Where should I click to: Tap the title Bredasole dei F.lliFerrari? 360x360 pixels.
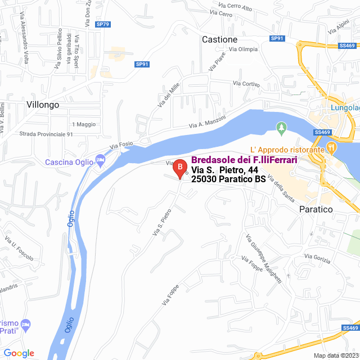(244, 160)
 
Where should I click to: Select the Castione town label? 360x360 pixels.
(219, 40)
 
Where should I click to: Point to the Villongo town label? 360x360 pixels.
(43, 105)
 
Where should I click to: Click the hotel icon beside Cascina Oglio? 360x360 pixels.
(100, 161)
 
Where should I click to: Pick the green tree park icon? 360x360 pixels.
(281, 129)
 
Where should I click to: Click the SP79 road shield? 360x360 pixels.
(103, 24)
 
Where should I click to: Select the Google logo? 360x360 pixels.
(19, 353)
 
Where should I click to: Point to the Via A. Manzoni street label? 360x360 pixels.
(207, 121)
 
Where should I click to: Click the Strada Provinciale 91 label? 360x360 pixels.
(46, 134)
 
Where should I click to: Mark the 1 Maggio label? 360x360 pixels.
(84, 124)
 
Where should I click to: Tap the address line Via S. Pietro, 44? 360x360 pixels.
(224, 170)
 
